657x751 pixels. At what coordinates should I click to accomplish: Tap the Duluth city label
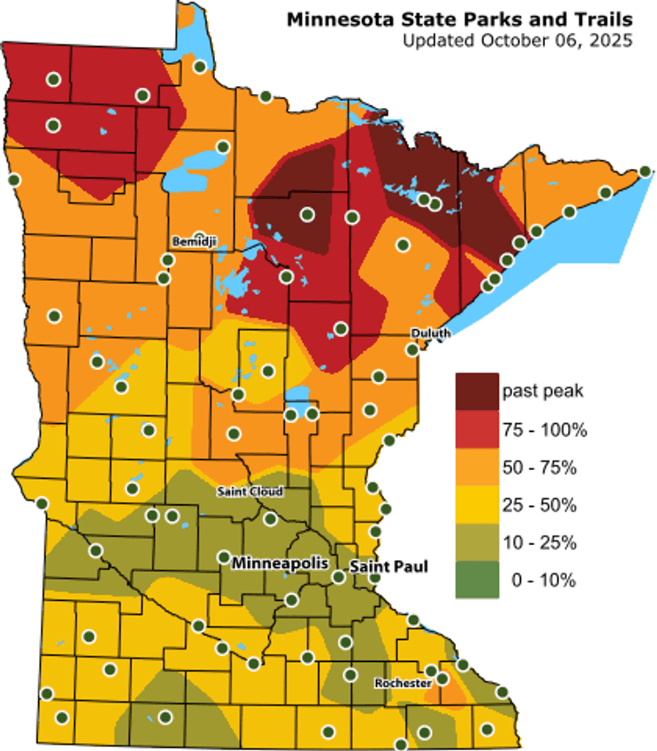(430, 333)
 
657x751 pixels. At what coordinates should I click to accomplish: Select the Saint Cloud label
(250, 492)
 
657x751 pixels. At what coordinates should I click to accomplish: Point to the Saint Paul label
(389, 567)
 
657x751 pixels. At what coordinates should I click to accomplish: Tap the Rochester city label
(402, 683)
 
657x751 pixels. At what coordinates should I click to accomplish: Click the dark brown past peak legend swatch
(477, 392)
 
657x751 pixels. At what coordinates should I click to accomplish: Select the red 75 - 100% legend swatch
(477, 429)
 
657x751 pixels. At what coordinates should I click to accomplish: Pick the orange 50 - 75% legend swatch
(477, 467)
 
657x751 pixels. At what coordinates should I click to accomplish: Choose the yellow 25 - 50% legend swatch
(477, 504)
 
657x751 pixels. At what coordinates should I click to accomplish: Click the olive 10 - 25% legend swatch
(477, 542)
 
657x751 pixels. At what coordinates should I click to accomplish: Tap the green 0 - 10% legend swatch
(477, 579)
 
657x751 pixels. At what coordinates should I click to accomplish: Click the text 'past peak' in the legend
(543, 392)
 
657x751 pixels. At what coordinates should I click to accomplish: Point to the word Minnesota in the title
(332, 20)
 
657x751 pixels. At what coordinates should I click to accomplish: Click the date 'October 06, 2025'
(556, 41)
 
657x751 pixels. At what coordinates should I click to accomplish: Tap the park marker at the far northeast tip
(645, 172)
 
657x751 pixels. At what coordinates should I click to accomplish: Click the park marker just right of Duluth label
(412, 349)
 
